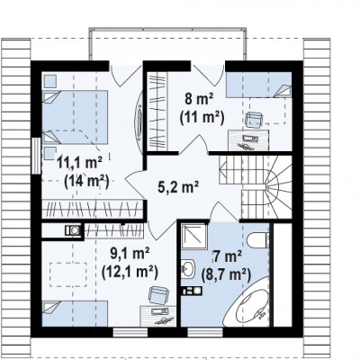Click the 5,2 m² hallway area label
coord(178,187)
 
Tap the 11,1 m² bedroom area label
coord(80,164)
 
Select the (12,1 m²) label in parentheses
coord(130,273)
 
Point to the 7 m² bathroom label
coord(228,257)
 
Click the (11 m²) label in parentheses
coord(202,117)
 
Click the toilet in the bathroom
coord(258,240)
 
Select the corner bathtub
coord(251,307)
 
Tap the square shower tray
coord(194,237)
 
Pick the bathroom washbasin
coord(188,269)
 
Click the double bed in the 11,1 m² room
coord(75,117)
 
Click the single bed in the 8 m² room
coord(258,85)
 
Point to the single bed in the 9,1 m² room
coord(75,314)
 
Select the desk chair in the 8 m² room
coord(254,120)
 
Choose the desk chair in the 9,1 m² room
coord(158,295)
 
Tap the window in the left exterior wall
coord(36,156)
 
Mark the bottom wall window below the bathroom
coord(205,332)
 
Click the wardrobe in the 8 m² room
coord(157,111)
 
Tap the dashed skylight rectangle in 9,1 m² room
coord(68,274)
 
